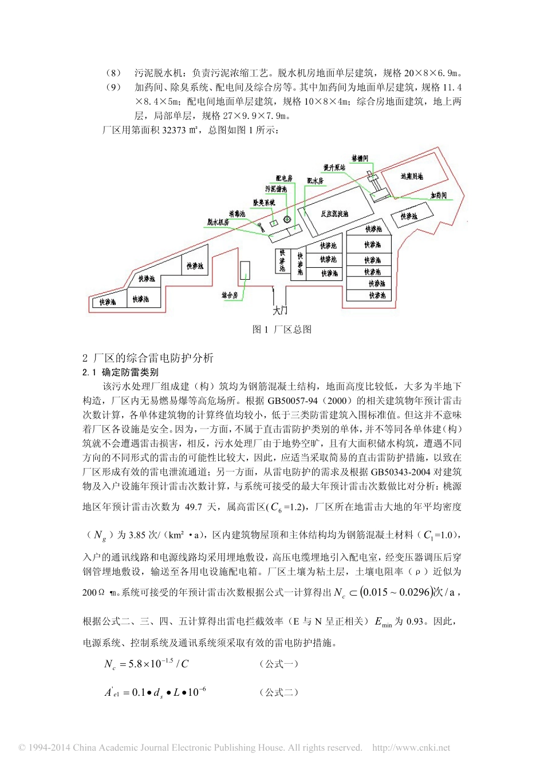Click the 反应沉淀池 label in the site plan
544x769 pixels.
[x=334, y=214]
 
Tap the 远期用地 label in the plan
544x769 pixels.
[x=411, y=176]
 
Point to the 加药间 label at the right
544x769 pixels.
[x=439, y=195]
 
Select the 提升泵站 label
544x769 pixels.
[x=334, y=168]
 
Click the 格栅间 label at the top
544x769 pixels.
[x=360, y=158]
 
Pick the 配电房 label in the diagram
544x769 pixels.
[x=284, y=179]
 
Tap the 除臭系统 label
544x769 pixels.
[x=264, y=203]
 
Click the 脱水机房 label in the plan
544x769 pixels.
[x=218, y=222]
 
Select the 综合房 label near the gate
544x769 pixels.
[x=230, y=295]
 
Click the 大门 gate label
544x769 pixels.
[x=279, y=311]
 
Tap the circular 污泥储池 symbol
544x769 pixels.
[x=287, y=219]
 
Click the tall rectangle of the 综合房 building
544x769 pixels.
[x=245, y=271]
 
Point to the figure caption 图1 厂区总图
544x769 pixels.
[x=282, y=330]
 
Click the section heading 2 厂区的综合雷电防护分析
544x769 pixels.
[x=148, y=358]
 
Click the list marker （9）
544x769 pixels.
[x=114, y=88]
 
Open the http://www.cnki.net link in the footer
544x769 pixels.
[x=411, y=748]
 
